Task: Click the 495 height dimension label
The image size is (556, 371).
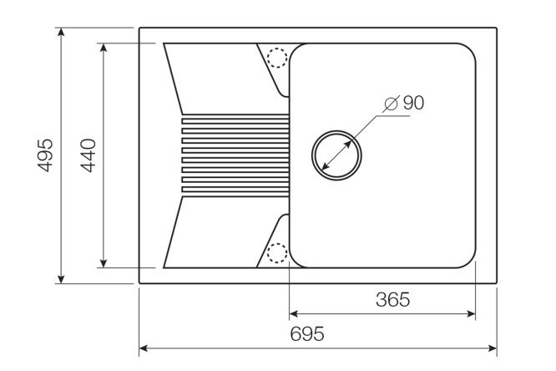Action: tap(46, 155)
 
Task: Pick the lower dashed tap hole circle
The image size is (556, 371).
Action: tap(276, 252)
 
